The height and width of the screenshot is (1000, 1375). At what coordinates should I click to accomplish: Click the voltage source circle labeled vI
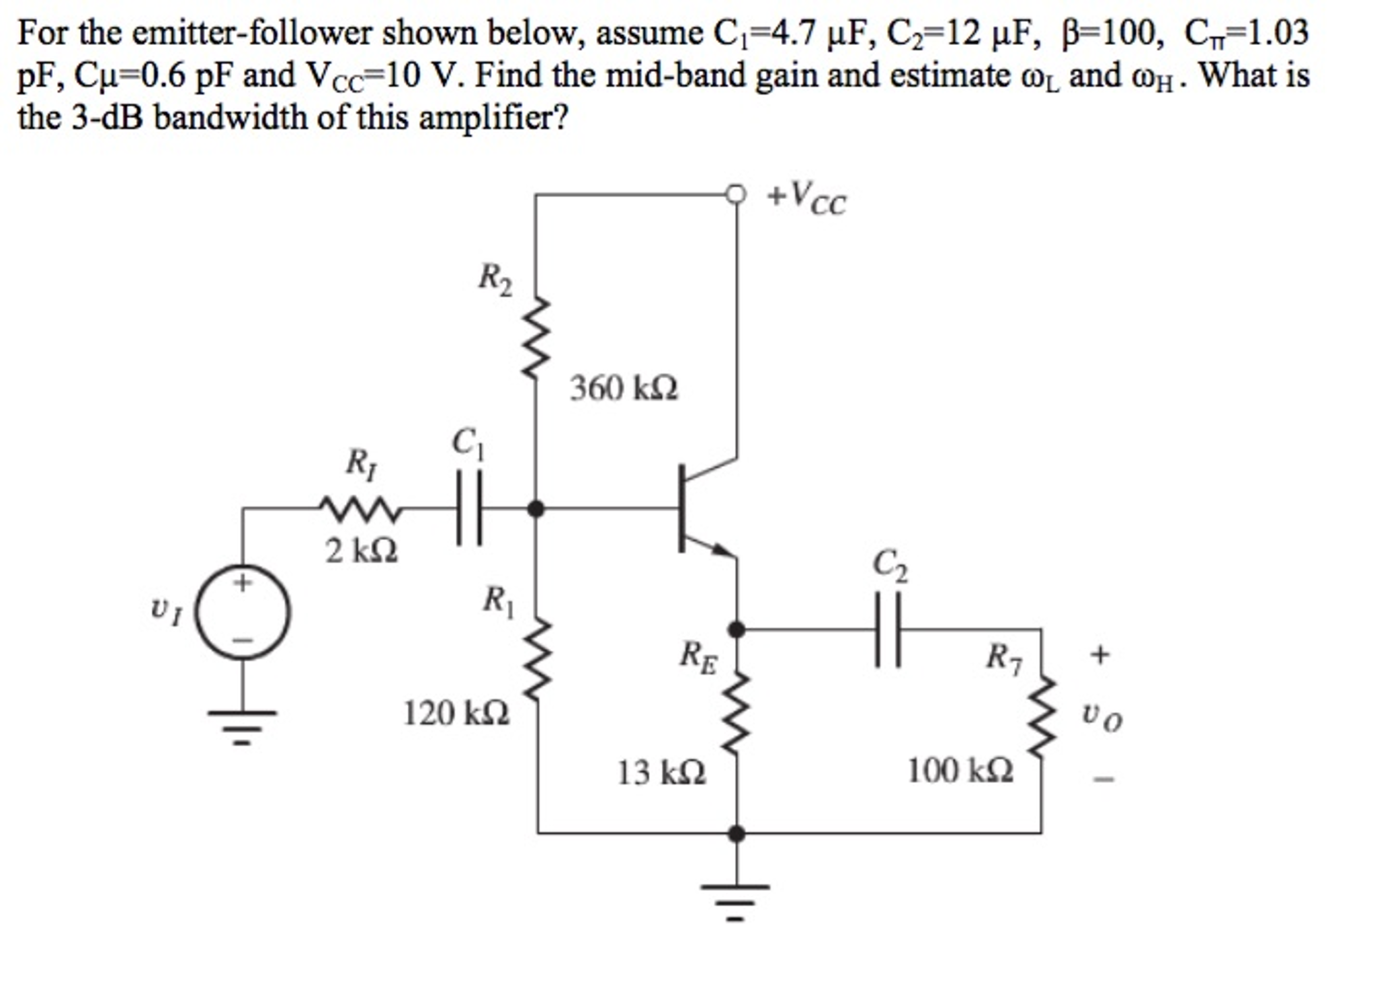click(x=243, y=613)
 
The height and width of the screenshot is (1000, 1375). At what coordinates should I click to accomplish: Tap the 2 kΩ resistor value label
click(x=361, y=551)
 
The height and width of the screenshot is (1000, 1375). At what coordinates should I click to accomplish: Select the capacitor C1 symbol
click(x=469, y=508)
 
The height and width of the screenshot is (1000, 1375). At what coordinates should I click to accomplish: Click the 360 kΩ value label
click(x=624, y=389)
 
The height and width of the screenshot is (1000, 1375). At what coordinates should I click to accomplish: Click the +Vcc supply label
click(x=807, y=198)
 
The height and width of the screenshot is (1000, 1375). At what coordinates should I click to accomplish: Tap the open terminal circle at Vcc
click(x=737, y=194)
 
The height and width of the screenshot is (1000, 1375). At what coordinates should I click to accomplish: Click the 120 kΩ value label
click(x=456, y=713)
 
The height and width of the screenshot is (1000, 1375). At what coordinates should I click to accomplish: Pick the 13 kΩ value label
click(x=661, y=772)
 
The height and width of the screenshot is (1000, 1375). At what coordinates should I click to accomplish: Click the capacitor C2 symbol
click(x=887, y=629)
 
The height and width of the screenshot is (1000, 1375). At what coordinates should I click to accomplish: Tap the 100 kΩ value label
click(x=960, y=771)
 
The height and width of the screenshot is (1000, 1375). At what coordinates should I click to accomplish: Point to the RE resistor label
click(x=698, y=656)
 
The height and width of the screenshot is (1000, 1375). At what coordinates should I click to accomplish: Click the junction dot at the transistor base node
click(x=536, y=508)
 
